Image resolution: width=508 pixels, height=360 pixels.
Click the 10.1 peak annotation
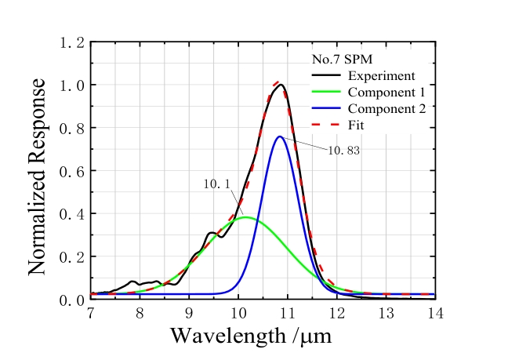(216, 184)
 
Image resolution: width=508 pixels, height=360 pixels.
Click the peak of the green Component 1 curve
(245, 217)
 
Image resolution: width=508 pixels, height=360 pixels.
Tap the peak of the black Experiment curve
(281, 85)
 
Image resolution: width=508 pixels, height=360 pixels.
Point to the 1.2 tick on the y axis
(71, 42)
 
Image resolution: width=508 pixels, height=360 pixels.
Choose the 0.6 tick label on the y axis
(71, 171)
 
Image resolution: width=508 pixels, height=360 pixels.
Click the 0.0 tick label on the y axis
(71, 300)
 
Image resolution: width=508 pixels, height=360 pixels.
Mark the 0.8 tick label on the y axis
(71, 128)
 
